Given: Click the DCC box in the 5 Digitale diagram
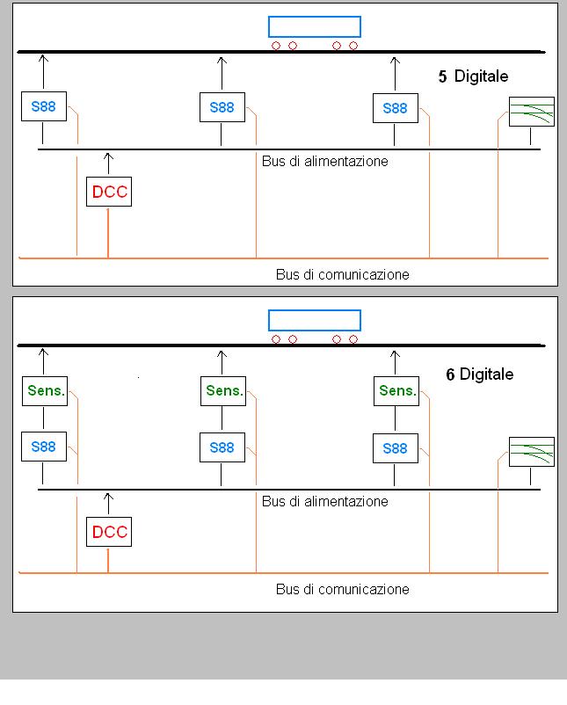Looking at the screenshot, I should tap(109, 192).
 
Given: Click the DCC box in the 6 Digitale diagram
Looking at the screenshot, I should tap(109, 532).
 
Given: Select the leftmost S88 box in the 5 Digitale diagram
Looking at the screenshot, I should tap(44, 106).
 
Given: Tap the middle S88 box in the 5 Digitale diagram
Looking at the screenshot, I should tap(222, 107).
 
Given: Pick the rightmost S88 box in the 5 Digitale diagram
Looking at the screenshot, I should tap(395, 108).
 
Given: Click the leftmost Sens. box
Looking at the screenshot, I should tap(46, 390).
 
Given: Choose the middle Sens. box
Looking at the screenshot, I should tap(223, 390).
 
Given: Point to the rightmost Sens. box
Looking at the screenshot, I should tap(396, 390).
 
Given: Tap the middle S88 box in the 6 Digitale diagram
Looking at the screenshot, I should tap(222, 447).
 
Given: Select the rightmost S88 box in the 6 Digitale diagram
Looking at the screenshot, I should tap(395, 448).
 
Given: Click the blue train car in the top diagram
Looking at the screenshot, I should tap(314, 27).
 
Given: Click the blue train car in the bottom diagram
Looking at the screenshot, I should tap(314, 320).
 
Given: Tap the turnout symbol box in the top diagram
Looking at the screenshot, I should tap(532, 112).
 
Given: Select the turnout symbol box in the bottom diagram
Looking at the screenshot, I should tap(532, 452).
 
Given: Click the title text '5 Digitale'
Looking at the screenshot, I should tap(473, 76).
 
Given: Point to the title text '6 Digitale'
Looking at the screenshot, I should tap(479, 374).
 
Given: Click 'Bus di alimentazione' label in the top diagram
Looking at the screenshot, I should tap(324, 162).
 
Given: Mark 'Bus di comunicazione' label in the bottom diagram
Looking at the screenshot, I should tap(342, 589).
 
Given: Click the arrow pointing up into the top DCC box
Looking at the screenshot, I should tap(108, 163).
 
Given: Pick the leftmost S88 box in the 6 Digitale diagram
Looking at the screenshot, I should tap(44, 447).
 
